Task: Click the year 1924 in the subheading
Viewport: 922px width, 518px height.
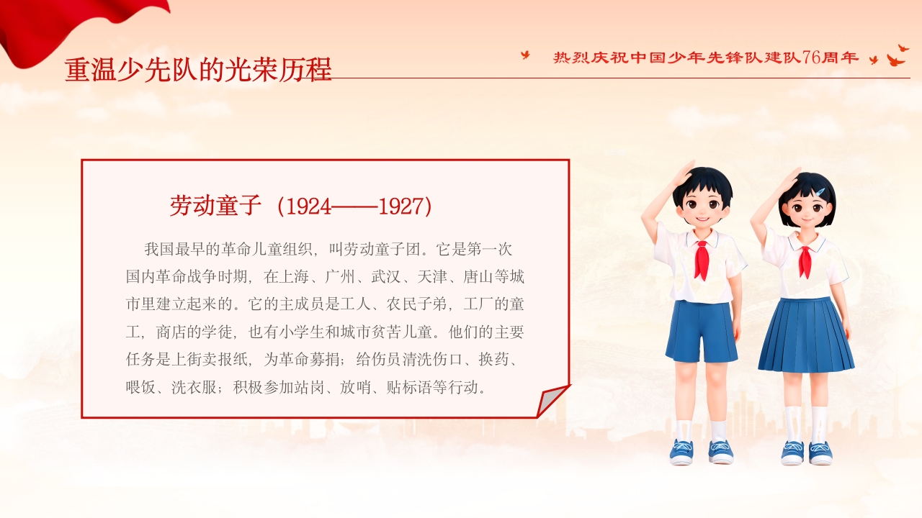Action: click(x=308, y=206)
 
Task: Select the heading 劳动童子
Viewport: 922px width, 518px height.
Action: click(x=215, y=206)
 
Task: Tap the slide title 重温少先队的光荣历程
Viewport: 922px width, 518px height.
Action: click(x=198, y=70)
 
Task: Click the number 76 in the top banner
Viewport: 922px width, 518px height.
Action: click(x=810, y=58)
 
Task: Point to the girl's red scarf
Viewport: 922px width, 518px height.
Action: click(x=805, y=261)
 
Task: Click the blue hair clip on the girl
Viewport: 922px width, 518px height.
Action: click(x=820, y=191)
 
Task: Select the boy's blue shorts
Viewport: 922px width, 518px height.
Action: click(x=702, y=332)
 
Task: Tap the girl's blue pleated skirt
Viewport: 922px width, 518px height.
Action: click(x=805, y=335)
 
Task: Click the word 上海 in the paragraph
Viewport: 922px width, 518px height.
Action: click(x=294, y=277)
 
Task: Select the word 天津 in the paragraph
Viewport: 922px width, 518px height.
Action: click(x=432, y=277)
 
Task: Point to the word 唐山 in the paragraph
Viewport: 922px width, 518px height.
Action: click(x=478, y=277)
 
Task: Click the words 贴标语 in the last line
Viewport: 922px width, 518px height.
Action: click(x=409, y=387)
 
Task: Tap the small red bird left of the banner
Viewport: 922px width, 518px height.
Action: click(x=526, y=55)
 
